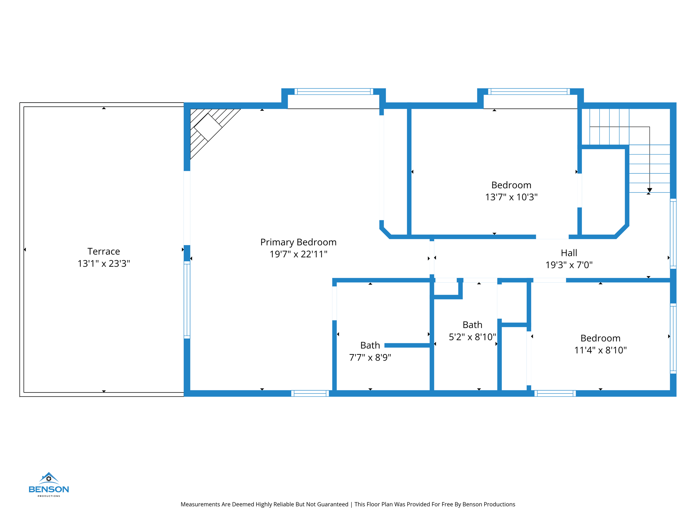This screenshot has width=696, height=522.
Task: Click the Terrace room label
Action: pyautogui.click(x=104, y=251)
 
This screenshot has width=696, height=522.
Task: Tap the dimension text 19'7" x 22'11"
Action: pyautogui.click(x=298, y=254)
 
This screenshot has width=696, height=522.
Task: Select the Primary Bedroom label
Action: pyautogui.click(x=298, y=242)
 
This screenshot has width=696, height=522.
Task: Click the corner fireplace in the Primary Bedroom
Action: pyautogui.click(x=208, y=127)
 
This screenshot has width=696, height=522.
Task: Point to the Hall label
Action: pyautogui.click(x=569, y=253)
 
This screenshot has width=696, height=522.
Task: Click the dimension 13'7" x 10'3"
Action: pyautogui.click(x=511, y=197)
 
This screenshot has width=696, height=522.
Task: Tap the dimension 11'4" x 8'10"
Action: pyautogui.click(x=600, y=350)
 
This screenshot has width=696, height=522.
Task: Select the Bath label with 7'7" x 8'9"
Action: pyautogui.click(x=370, y=345)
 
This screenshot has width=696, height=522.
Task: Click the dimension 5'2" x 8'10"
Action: pyautogui.click(x=472, y=337)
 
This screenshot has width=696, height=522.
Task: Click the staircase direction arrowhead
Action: pyautogui.click(x=649, y=190)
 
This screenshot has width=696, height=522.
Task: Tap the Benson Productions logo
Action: pyautogui.click(x=49, y=484)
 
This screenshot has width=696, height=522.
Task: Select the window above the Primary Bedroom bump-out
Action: pyautogui.click(x=333, y=91)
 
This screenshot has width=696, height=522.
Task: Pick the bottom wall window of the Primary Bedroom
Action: pyautogui.click(x=310, y=393)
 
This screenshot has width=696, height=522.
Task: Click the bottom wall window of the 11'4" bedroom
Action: pyautogui.click(x=555, y=393)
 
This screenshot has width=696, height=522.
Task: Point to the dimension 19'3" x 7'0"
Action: pyautogui.click(x=569, y=265)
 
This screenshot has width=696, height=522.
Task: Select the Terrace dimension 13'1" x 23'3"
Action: pyautogui.click(x=104, y=264)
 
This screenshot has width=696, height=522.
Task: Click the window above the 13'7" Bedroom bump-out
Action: pyautogui.click(x=528, y=91)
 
